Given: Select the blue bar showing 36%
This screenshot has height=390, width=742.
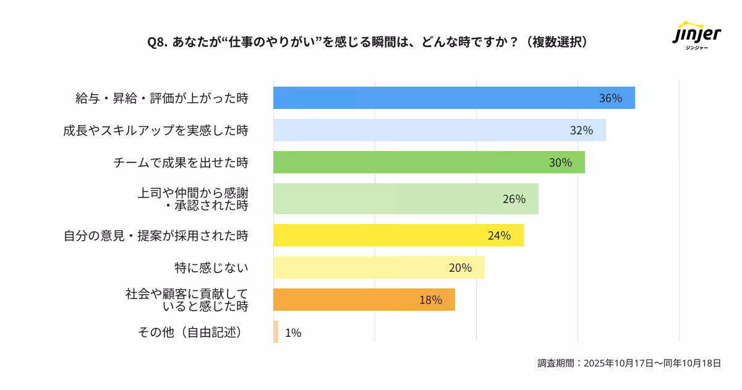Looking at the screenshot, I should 454,98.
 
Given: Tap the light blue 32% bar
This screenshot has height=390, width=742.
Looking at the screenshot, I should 439,130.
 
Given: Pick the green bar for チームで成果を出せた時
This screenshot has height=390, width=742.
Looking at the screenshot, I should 429,162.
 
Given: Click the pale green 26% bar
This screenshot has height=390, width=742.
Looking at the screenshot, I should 406,199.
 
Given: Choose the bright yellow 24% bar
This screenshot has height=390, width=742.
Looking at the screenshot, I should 398,235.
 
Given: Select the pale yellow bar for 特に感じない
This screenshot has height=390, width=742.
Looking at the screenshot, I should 378,267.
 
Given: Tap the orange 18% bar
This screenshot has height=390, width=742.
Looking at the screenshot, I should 364,300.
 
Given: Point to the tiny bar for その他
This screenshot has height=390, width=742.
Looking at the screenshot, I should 276,332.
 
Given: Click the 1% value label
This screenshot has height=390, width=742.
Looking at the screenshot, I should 293,333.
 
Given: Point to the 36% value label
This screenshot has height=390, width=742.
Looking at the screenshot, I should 610,98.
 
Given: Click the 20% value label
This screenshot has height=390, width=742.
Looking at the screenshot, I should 460,267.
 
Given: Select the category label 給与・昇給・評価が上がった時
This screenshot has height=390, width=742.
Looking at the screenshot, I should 161,98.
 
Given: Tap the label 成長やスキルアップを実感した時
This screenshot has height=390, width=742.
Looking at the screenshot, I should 155,130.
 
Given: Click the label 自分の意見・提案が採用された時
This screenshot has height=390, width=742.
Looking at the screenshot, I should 156,235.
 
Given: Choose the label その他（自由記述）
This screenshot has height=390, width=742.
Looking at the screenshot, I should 189,332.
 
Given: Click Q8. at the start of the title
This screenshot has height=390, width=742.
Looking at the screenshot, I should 158,42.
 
